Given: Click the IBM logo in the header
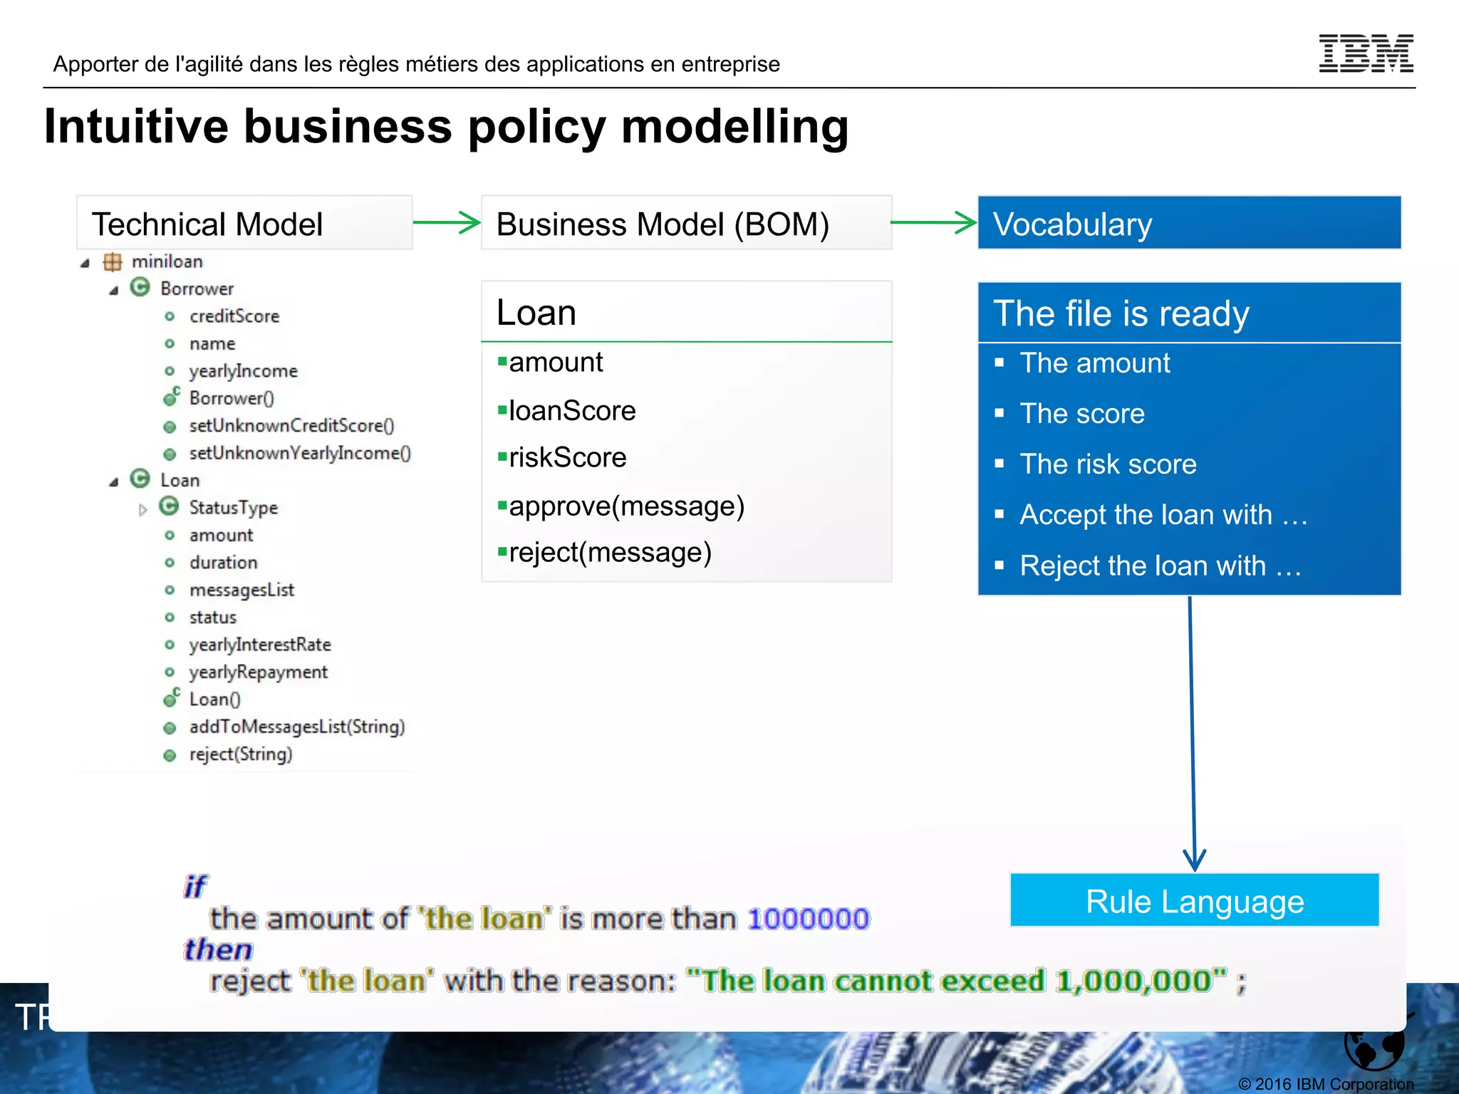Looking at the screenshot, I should pos(1366,53).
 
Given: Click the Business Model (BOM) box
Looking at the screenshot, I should pos(686,224).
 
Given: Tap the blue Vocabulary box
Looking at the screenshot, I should pos(1188,224).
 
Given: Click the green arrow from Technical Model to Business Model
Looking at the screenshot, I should pos(447,222).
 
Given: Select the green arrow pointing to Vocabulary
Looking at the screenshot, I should pos(933,222).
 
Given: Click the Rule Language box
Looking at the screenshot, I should pos(1194,901).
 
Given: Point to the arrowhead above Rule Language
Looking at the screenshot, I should pos(1195,860).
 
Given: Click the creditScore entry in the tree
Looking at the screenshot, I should pos(234,316).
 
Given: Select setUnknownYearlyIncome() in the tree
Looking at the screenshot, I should pos(299,454).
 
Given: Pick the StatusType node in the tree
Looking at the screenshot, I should pos(233,508).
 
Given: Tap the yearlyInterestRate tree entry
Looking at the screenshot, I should pos(259,645).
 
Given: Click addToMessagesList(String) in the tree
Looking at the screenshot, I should pos(296,727).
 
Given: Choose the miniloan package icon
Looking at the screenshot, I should pos(113,262).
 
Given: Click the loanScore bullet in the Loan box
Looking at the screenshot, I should pos(571,411).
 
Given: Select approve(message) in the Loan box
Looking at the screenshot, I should pos(625,506).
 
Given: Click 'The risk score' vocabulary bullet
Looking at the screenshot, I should pos(1108,464).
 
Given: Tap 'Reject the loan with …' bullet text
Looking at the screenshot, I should pos(1161,566).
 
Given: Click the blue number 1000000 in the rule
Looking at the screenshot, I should pos(809,919).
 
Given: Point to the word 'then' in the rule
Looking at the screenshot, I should pos(218,950).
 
